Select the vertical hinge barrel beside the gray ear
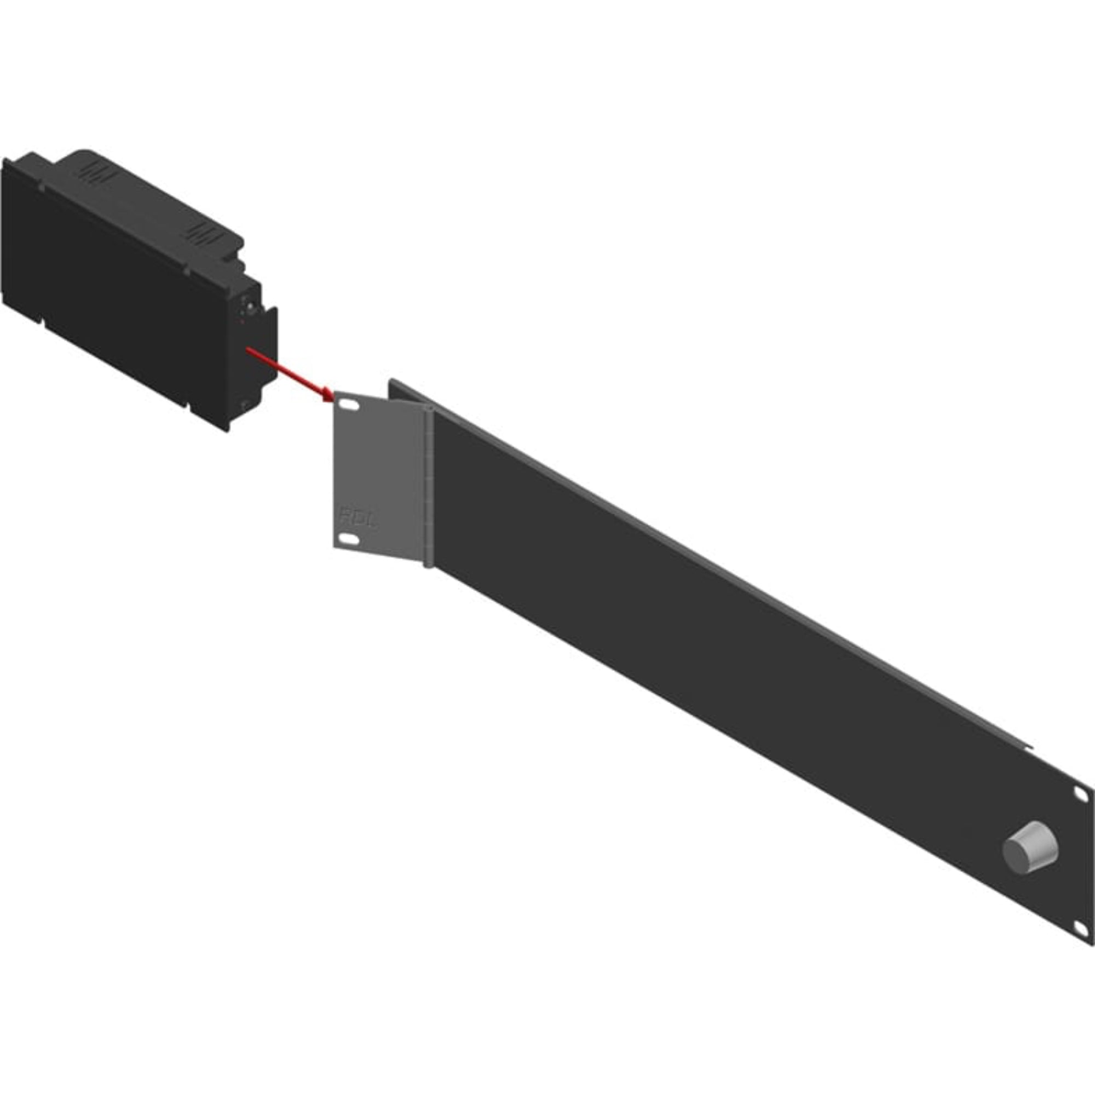coord(429,487)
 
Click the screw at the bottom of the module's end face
coord(244,404)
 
